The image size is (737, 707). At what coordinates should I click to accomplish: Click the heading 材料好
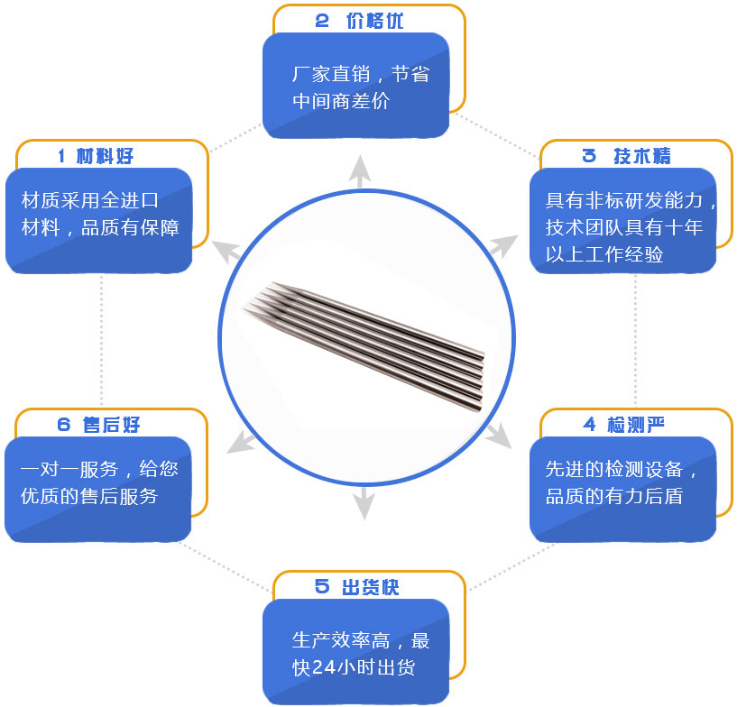click(x=105, y=156)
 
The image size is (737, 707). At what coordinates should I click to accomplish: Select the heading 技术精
click(x=641, y=156)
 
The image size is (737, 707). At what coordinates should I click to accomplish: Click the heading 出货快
click(x=371, y=587)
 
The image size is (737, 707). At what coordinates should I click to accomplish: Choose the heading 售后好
click(x=112, y=425)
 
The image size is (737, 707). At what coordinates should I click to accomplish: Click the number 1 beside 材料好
click(x=61, y=156)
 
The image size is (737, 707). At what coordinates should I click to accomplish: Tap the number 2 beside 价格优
click(x=322, y=22)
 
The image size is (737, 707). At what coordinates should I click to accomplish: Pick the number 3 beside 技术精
click(x=589, y=156)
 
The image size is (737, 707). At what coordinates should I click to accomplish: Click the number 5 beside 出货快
click(x=322, y=587)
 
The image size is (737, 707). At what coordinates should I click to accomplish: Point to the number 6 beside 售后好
click(x=63, y=425)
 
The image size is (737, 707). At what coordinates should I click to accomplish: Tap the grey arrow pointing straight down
click(x=363, y=501)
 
